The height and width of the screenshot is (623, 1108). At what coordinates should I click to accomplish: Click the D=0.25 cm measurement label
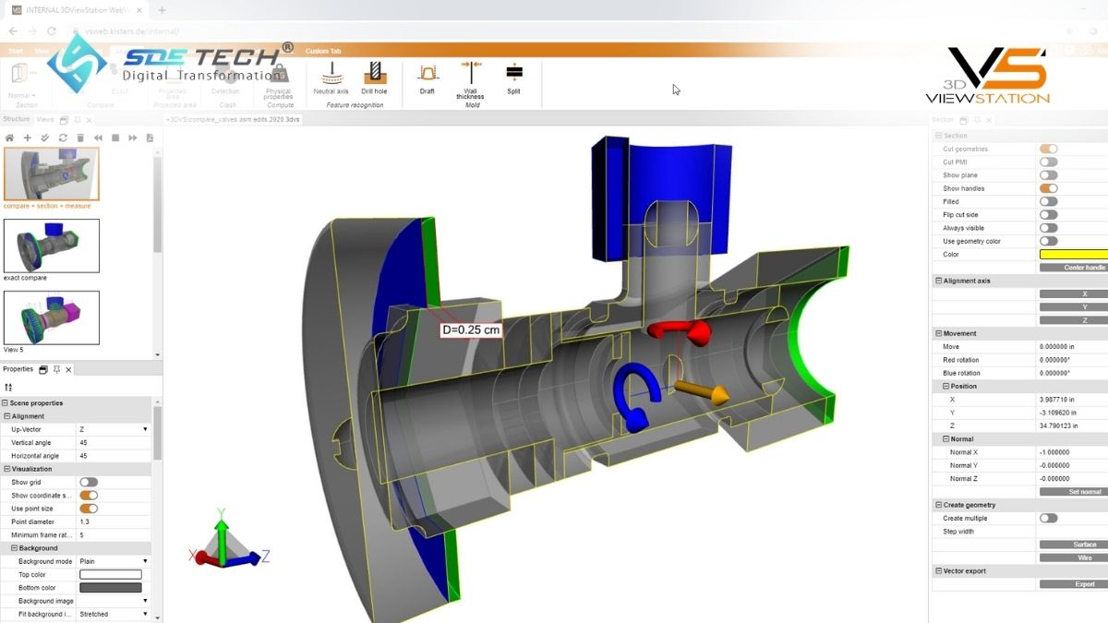point(471,329)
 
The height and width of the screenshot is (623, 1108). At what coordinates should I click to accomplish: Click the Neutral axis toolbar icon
point(331,73)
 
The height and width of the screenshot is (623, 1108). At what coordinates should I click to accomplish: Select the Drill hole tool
point(374,73)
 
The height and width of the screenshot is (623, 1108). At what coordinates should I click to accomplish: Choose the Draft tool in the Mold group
point(427,73)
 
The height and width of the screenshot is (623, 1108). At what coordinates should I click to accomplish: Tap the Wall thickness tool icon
point(470,73)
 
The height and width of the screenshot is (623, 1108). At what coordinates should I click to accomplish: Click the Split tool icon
point(513,73)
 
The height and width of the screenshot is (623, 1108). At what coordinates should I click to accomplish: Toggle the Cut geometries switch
point(1048,149)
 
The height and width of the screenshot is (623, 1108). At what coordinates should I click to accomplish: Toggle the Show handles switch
point(1048,188)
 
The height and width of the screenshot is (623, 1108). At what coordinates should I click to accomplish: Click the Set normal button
point(1073,492)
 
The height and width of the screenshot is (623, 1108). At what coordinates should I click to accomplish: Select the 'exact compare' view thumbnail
point(52,245)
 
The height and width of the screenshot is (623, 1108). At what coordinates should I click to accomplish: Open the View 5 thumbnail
point(52,317)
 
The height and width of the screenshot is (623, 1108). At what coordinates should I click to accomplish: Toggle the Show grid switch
point(89,482)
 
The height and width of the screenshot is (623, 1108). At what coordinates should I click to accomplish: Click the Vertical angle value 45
point(83,443)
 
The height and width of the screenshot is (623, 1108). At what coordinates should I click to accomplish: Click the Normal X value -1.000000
point(1054,452)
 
